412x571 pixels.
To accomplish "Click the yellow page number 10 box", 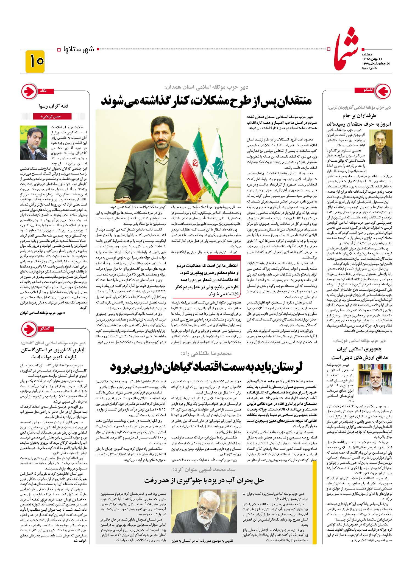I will click(35, 61).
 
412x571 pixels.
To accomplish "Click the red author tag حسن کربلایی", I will click(52, 116).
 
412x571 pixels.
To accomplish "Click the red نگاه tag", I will click(43, 91).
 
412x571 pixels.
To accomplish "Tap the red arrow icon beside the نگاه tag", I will click(29, 92).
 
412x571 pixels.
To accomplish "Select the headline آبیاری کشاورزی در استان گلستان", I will click(53, 353).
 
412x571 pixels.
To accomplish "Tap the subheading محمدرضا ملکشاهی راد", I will click(206, 353).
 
